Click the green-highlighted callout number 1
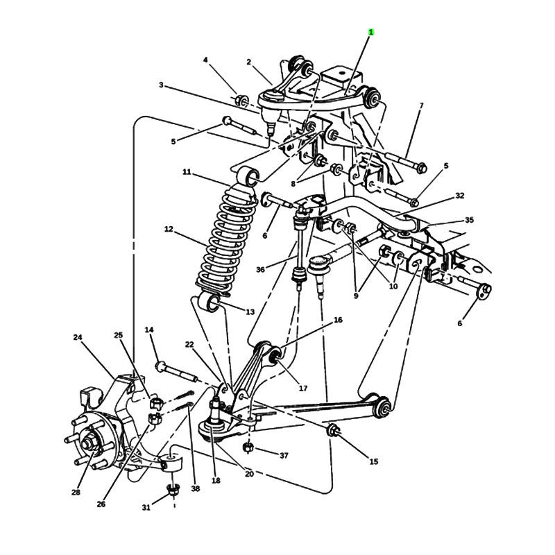[371, 32]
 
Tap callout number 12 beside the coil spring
[169, 229]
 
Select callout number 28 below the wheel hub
[76, 492]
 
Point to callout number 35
[469, 220]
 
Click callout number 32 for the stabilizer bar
[459, 196]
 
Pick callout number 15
[374, 461]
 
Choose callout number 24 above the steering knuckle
[78, 337]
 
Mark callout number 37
[284, 455]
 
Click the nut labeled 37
[248, 447]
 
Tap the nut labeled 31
[173, 490]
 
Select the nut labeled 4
[241, 101]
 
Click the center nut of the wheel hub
[87, 444]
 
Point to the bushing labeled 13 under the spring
[210, 302]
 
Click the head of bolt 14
[161, 366]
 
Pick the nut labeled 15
[333, 429]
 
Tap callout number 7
[421, 105]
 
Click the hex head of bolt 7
[421, 168]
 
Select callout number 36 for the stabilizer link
[260, 269]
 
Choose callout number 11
[187, 172]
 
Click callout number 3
[161, 85]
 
